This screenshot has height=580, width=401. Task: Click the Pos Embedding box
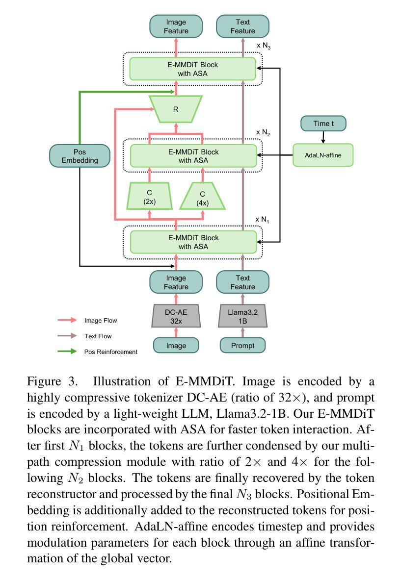point(80,156)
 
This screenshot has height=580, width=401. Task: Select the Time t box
point(323,124)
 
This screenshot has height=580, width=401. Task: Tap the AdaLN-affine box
point(323,155)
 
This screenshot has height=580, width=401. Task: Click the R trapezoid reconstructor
point(176,109)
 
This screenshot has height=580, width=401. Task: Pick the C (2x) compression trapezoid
point(149,197)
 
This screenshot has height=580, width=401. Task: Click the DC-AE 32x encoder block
point(176,316)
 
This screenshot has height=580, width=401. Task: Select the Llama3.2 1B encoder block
point(242,316)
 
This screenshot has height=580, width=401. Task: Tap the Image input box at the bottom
point(176,345)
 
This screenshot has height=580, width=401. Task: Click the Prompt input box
point(242,345)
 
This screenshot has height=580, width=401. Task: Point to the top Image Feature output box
point(176,26)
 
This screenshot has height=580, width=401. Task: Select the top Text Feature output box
point(242,26)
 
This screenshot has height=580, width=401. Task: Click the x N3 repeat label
point(264,46)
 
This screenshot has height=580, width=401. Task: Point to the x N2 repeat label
point(263,132)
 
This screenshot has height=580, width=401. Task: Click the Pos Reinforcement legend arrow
point(67,351)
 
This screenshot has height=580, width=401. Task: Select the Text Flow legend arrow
point(67,336)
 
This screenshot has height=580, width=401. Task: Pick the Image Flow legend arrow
point(67,320)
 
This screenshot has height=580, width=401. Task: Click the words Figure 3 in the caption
point(47,381)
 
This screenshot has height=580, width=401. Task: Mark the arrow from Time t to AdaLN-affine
point(323,137)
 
